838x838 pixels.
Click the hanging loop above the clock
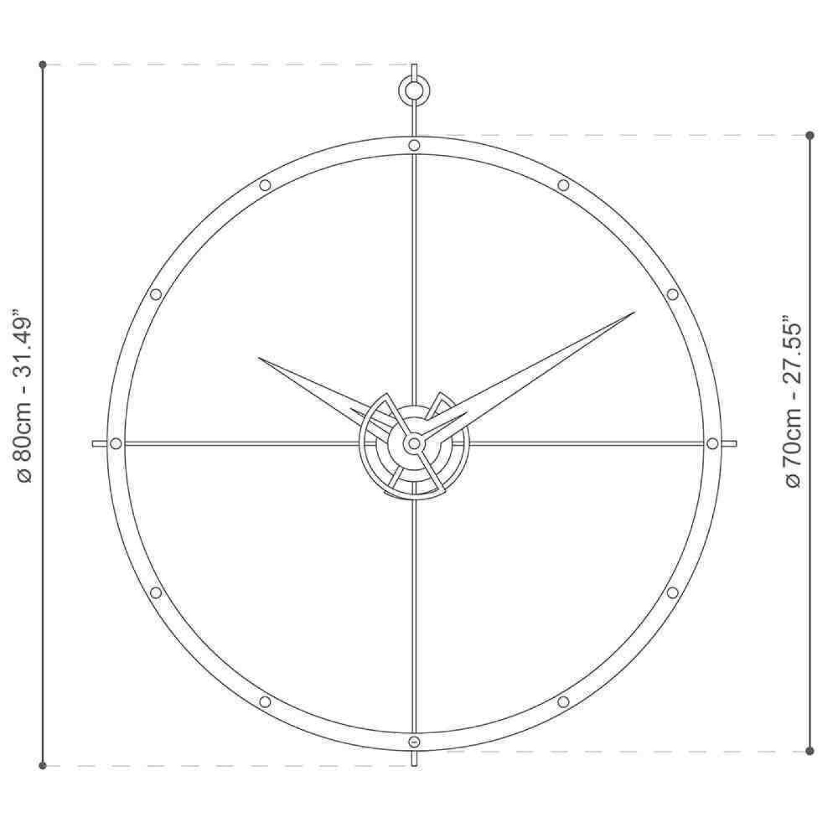[414, 90]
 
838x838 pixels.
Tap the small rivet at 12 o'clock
[414, 145]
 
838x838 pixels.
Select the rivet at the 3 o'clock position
[712, 444]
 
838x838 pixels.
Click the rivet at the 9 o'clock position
[116, 444]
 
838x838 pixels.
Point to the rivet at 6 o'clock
[414, 742]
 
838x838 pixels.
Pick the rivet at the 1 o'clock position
[563, 185]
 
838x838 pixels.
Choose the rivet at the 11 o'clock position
[265, 185]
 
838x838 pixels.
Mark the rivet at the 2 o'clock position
[672, 294]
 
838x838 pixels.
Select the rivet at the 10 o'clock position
[156, 294]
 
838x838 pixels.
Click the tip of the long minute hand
[634, 312]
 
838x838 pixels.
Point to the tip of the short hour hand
[259, 358]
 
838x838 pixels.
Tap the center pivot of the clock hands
[414, 444]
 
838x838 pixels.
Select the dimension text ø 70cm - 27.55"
[793, 406]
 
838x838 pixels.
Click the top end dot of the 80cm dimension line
[42, 64]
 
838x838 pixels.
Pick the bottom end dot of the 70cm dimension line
[810, 751]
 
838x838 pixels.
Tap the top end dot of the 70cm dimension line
[810, 135]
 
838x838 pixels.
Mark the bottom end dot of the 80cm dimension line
[42, 766]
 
